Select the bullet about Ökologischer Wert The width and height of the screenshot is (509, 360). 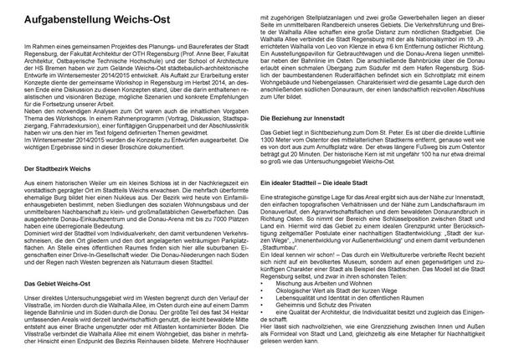pos(334,292)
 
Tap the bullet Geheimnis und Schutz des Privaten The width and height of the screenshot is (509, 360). pos(326,307)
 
